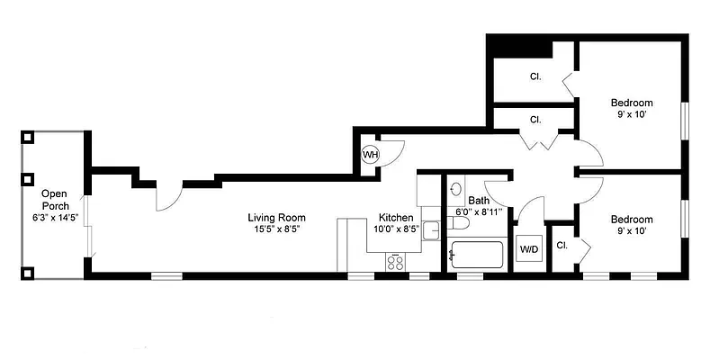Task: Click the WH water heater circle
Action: tap(370, 155)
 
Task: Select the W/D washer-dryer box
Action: tap(528, 249)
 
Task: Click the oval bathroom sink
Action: tap(456, 190)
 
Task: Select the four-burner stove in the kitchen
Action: tap(396, 261)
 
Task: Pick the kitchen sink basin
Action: tap(430, 230)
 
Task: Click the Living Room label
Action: tap(277, 217)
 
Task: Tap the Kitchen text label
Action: tap(396, 218)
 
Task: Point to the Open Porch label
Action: tap(55, 199)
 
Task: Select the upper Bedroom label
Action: tap(631, 102)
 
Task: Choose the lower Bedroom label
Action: tap(631, 219)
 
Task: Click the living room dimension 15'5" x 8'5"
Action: tap(277, 229)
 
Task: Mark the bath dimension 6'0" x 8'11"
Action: tap(478, 212)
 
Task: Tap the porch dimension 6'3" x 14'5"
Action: tap(55, 218)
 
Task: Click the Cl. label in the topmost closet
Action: tap(535, 76)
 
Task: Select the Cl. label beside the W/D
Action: tap(562, 245)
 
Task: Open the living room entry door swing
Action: tap(168, 193)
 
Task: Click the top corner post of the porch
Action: tap(28, 138)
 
